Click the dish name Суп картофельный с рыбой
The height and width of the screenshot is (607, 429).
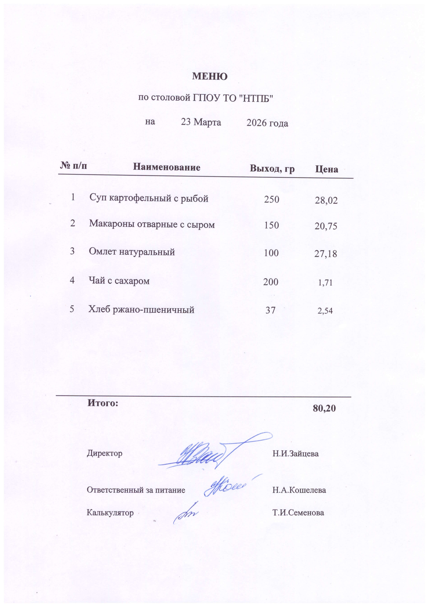point(149,198)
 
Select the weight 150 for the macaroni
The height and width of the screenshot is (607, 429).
point(271,225)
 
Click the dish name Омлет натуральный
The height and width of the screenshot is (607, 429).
point(132,251)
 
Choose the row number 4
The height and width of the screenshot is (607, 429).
point(72,280)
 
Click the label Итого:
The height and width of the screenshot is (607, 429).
point(103,403)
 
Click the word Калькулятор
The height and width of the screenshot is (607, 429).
point(110,513)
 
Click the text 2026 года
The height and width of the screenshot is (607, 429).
point(267,123)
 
